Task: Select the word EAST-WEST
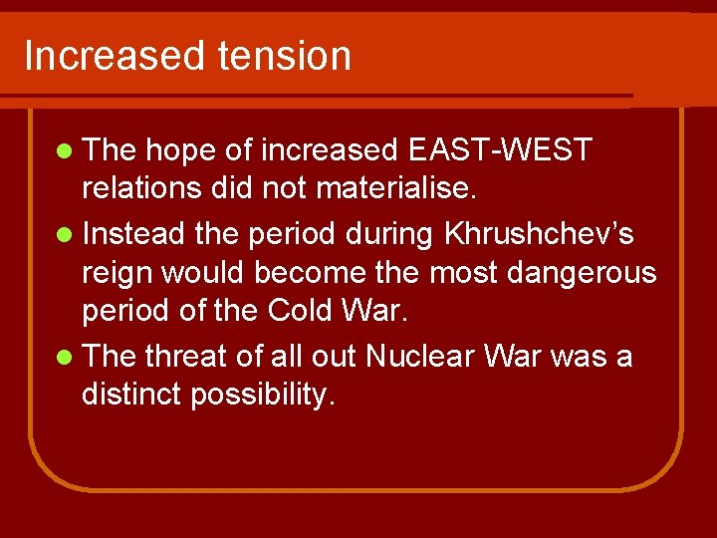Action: click(500, 150)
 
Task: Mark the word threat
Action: click(188, 355)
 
